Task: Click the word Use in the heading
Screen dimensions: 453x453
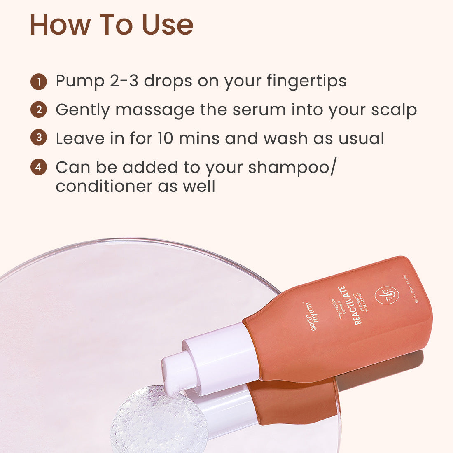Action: (168, 25)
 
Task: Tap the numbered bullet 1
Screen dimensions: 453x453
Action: (39, 82)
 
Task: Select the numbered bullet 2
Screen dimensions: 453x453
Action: (39, 110)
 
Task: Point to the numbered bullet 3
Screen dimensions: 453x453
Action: (39, 138)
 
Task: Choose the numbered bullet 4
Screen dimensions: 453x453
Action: (39, 167)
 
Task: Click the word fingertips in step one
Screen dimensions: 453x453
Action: (306, 82)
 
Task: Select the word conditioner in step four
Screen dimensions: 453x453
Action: (104, 186)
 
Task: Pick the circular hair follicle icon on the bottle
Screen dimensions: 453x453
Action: (387, 295)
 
